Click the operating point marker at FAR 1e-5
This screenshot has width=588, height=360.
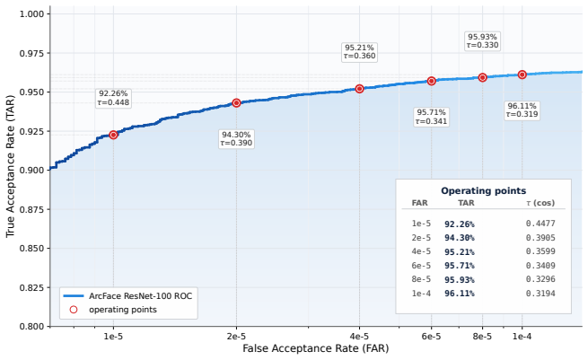[x=113, y=135]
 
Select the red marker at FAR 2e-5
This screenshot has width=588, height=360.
[x=236, y=102]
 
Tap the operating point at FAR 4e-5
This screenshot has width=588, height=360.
[x=359, y=89]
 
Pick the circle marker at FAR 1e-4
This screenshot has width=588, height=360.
[x=522, y=75]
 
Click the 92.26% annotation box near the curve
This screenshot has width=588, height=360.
[x=113, y=98]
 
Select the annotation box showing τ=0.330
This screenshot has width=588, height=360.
[x=482, y=41]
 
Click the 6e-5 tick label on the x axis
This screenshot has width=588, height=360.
[x=431, y=337]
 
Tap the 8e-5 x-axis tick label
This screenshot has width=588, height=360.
[x=482, y=337]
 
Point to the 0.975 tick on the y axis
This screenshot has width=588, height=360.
[x=31, y=53]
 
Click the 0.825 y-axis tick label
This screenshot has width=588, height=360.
[x=31, y=287]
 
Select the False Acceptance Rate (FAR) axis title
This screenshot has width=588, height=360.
[x=316, y=348]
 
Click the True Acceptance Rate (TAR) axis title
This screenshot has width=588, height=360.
[x=10, y=166]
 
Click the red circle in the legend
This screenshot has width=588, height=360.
[x=74, y=310]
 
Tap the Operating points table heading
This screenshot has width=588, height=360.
[x=483, y=191]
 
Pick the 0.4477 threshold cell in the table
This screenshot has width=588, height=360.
[x=540, y=224]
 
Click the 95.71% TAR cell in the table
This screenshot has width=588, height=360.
[x=460, y=266]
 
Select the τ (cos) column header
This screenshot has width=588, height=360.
[x=540, y=203]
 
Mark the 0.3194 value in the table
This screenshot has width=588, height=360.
[x=540, y=294]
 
